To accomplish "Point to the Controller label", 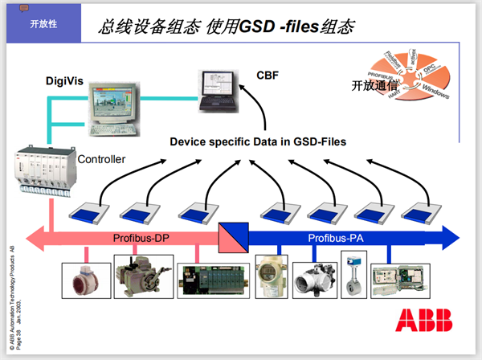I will click(x=101, y=159).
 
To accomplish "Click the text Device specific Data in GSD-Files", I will click(x=258, y=141).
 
